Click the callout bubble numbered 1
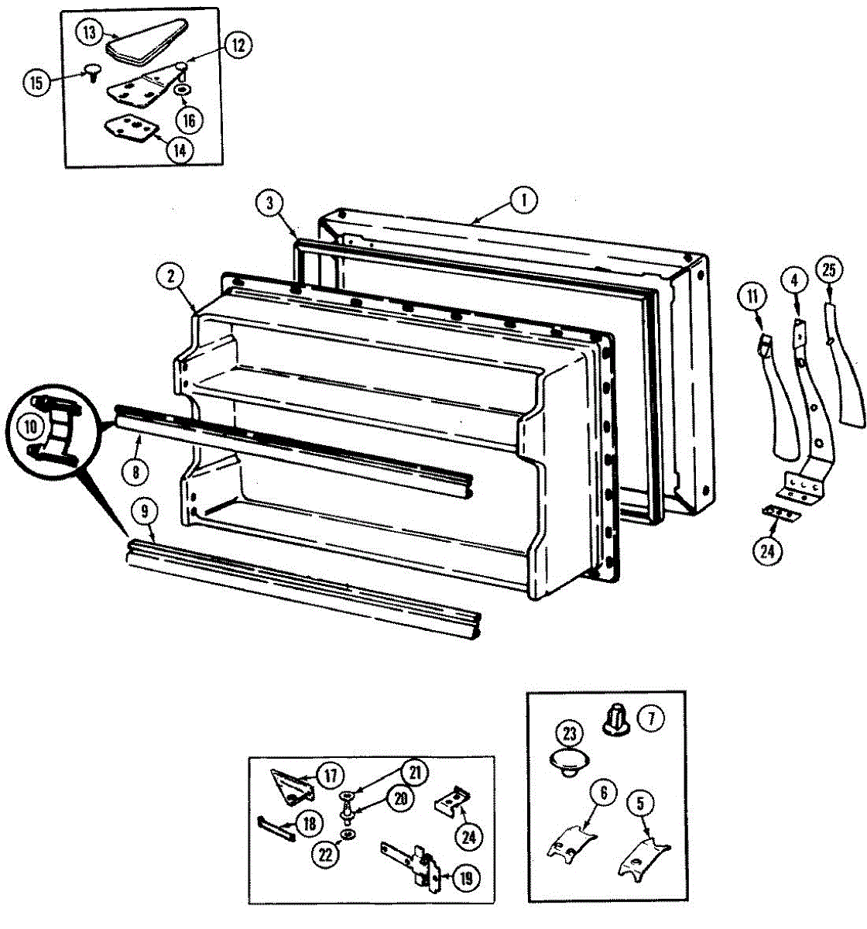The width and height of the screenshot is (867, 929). coord(523,201)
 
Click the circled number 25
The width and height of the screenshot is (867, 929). coord(829,272)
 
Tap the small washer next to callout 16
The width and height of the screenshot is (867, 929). coord(183,90)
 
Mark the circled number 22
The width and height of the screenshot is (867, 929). coord(326,854)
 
